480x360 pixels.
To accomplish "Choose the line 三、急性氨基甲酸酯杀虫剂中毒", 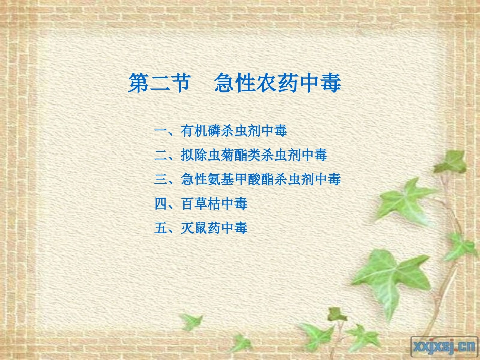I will point(247,179).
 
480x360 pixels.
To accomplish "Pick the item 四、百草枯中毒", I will point(200,204).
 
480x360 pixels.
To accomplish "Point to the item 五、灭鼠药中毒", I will point(200,228).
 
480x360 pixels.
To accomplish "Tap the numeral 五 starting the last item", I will point(160,228).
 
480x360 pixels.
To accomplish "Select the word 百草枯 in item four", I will point(200,204).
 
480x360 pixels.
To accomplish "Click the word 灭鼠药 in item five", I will point(200,228).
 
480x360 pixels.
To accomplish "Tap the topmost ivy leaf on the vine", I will point(450,162).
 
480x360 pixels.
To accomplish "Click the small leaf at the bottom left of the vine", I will point(191,321).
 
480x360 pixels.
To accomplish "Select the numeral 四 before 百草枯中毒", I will point(160,204).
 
